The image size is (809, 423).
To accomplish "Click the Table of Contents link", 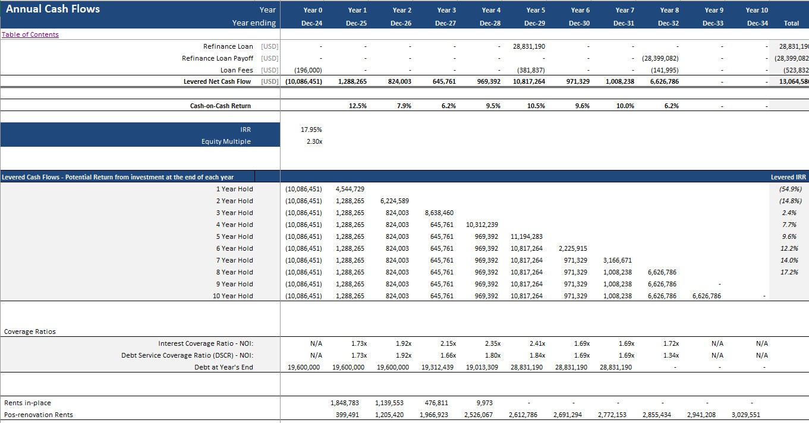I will click(30, 34).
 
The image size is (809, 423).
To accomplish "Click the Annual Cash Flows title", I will click(53, 9).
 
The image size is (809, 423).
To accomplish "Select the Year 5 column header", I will click(536, 10).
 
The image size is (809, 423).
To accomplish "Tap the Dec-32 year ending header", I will click(669, 23).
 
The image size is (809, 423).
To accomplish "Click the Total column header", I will click(791, 23).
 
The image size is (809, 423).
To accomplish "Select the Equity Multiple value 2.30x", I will click(314, 141).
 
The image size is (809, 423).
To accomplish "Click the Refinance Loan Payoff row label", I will click(218, 58).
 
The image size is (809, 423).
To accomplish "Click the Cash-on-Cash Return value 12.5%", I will click(357, 106).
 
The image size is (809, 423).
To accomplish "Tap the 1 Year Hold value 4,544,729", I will click(350, 189).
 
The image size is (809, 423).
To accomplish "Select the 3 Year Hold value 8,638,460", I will click(439, 213).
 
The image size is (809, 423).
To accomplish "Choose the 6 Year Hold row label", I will click(234, 248).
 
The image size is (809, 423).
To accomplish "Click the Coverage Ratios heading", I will click(30, 332).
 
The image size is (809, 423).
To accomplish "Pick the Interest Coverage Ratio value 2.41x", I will click(537, 343).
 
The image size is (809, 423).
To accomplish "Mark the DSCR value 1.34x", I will click(671, 355).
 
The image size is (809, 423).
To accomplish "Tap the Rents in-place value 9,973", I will click(484, 403).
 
